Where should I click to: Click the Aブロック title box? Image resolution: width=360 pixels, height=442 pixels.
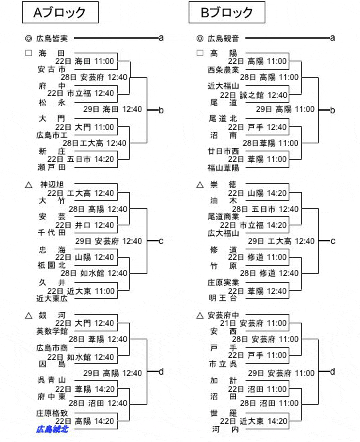coord(60,13)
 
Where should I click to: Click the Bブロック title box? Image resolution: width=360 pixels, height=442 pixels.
coord(227,13)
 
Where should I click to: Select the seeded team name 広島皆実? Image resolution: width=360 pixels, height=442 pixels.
coord(52,39)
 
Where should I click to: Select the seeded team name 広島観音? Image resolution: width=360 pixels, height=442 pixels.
coord(223,39)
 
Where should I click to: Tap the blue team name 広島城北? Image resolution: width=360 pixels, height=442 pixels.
coord(52,429)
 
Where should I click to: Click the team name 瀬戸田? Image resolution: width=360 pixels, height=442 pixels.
coord(52,167)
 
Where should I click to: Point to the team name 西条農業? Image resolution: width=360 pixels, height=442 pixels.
coord(223,69)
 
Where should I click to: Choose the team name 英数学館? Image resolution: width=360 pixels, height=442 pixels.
coord(52,331)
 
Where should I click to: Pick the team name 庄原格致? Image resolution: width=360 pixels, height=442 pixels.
coord(52,413)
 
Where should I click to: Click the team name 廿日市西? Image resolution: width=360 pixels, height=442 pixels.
coord(223,151)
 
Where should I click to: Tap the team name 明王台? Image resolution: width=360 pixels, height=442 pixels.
coord(223,298)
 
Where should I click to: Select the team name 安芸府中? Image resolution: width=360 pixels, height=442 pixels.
coord(223,315)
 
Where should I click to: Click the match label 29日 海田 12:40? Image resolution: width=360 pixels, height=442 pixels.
coord(113,109)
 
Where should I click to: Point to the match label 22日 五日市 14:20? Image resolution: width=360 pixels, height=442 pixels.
coord(81,159)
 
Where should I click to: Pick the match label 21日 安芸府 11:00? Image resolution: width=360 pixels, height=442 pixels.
coord(253,323)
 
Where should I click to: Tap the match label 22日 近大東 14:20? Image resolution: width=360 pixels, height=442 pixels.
coord(254,421)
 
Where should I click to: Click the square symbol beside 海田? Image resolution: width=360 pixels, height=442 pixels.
coord(29,53)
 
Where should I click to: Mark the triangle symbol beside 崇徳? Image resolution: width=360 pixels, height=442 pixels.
coord(200,185)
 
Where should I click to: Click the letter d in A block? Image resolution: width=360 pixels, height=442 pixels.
coord(161,371)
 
